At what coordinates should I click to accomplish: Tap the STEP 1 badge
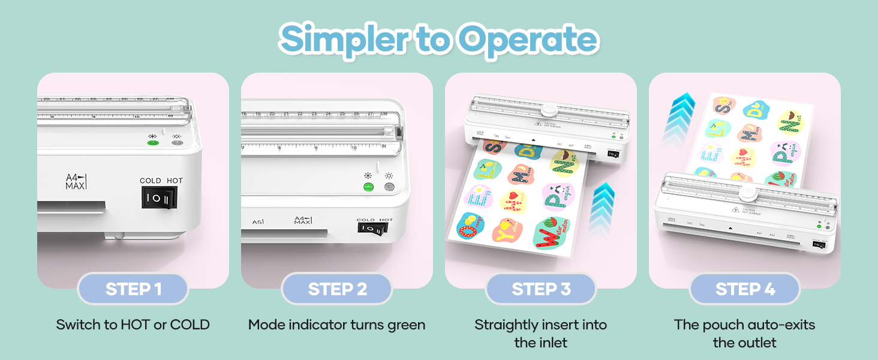(133, 289)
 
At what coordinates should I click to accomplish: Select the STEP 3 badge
(541, 289)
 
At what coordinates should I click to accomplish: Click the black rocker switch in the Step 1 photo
(159, 197)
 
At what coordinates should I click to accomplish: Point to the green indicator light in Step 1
(153, 142)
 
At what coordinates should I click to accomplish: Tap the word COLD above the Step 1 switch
(150, 181)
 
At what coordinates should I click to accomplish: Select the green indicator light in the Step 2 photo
(368, 187)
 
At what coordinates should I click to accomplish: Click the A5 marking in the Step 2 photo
(258, 222)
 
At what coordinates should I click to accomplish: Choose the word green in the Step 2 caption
(405, 325)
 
